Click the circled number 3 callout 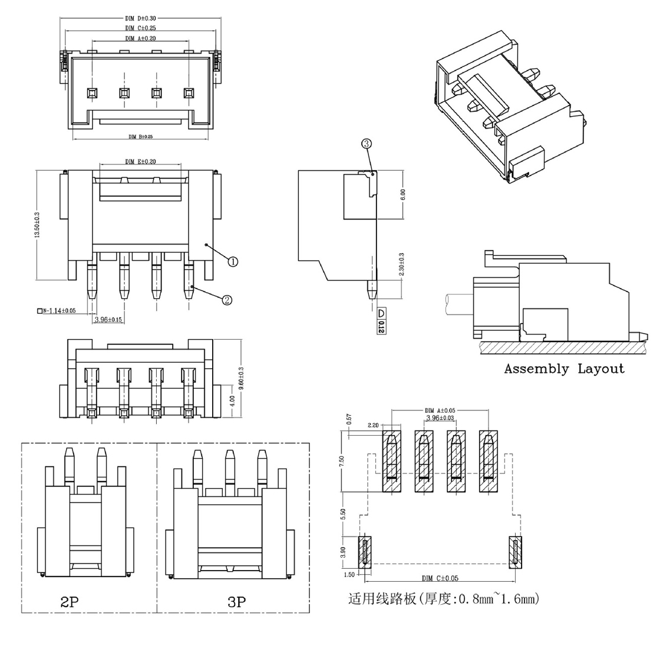[366, 144]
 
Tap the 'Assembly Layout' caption [564, 369]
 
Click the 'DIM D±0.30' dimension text [140, 18]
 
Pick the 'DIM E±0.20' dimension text [140, 162]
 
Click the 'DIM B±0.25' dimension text [140, 137]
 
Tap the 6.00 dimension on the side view [404, 195]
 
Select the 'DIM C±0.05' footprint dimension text [440, 578]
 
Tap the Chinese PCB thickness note [443, 600]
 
